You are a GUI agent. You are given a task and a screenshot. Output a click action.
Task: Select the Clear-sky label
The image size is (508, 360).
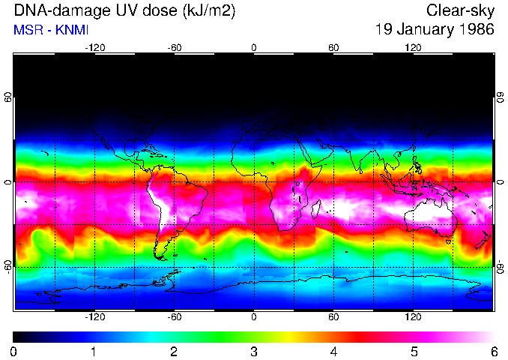[460, 11]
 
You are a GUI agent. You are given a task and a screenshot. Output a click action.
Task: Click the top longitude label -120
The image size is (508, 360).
[94, 47]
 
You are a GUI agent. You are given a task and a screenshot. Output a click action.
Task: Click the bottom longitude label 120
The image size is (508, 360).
[413, 317]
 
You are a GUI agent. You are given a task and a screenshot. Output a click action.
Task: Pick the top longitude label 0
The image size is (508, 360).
[254, 47]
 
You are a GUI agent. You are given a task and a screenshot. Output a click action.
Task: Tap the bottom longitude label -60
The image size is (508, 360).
[175, 317]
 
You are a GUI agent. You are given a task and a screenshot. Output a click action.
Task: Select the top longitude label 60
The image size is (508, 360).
[333, 47]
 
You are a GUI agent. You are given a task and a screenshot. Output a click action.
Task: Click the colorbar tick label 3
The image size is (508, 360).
[254, 351]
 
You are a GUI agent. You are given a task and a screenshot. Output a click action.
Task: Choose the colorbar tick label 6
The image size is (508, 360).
[493, 351]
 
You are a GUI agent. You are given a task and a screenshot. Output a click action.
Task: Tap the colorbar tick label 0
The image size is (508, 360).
[14, 351]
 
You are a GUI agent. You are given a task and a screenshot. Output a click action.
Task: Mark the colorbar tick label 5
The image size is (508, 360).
[414, 351]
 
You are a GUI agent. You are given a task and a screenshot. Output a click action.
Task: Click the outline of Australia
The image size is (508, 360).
[431, 217]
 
